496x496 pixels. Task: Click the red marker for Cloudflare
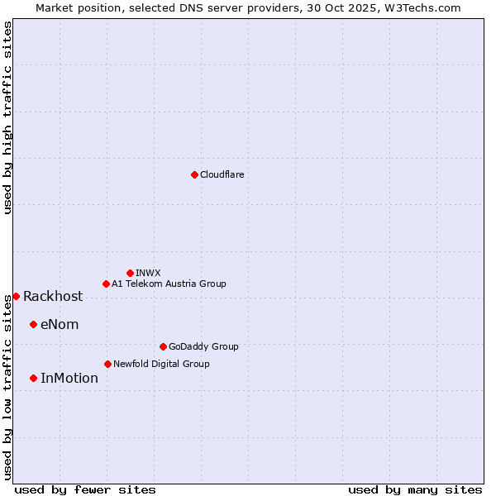pos(194,174)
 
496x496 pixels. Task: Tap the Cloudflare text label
pos(222,174)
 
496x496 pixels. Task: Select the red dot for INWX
pos(130,273)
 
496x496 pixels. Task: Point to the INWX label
pos(148,273)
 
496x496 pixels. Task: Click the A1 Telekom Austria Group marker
pos(106,284)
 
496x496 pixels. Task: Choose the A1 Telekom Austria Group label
pos(169,284)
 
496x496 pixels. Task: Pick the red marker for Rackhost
pos(16,296)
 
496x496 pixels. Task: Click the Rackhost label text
pos(53,297)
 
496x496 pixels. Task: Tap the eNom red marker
pos(33,324)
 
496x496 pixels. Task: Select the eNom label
pos(60,325)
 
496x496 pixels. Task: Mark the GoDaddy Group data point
pos(163,346)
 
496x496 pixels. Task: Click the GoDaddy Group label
pos(203,346)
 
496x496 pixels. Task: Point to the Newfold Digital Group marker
pos(107,364)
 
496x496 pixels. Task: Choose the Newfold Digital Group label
pos(161,364)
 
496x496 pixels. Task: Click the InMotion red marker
pos(33,378)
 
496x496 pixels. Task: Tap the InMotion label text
pos(69,379)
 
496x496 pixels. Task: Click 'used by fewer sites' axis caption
pos(85,489)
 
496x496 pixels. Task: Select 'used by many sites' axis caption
pos(415,489)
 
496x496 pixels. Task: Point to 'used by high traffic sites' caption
pos(7,117)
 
